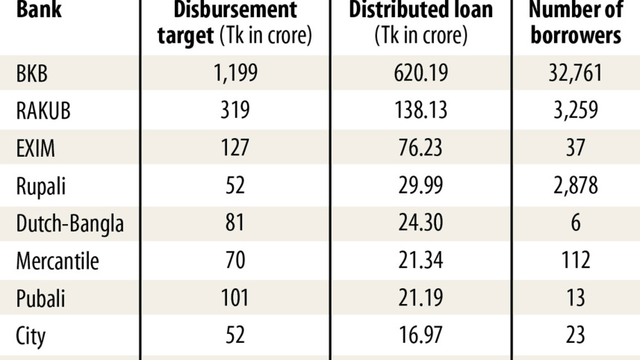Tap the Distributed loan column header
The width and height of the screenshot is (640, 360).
pos(420,22)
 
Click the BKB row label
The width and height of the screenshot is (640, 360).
pos(32,73)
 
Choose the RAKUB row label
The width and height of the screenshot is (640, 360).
pos(43,111)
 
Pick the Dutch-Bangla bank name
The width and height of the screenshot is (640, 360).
pos(69,223)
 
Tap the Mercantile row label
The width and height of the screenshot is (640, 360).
pos(58,261)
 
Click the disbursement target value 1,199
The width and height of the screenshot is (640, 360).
pos(234,73)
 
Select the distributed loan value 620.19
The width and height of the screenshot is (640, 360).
pos(420,73)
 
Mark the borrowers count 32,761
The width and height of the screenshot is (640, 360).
pos(575,73)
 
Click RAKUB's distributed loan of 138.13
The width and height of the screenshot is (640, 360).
pos(420,111)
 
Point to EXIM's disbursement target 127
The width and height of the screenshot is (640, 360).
pos(234,148)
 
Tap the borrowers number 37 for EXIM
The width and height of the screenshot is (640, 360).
pos(575,148)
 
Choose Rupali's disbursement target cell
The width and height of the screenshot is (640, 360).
pos(234,185)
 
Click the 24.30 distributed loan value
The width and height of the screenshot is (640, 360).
pos(420,223)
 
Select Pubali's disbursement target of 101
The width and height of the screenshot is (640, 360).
pos(234,298)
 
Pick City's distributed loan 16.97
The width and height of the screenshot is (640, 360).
pos(420,335)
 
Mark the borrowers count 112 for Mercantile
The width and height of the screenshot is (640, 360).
pos(575,261)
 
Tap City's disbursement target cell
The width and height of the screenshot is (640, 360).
pos(234,335)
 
